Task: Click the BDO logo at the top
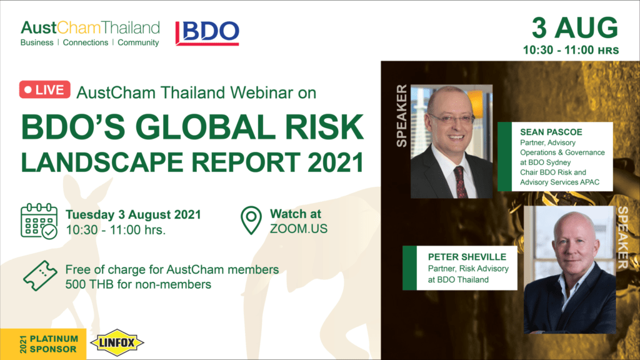coord(207,33)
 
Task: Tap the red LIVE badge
coord(44,90)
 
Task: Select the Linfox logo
coord(117,342)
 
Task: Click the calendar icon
coord(39,221)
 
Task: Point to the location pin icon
coord(251,221)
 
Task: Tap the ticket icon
coord(40,276)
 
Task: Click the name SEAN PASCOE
coord(551,132)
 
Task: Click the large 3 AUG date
coord(575,27)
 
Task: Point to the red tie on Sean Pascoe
coord(461,182)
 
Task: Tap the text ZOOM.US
coord(299,229)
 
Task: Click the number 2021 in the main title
coord(336,162)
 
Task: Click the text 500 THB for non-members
coord(138,284)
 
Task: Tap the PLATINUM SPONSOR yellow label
coord(43,344)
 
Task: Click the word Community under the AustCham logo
coord(138,42)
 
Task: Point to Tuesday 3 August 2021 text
coord(134,215)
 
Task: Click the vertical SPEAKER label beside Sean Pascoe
coord(402,116)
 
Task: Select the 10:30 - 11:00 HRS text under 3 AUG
coord(571,50)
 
